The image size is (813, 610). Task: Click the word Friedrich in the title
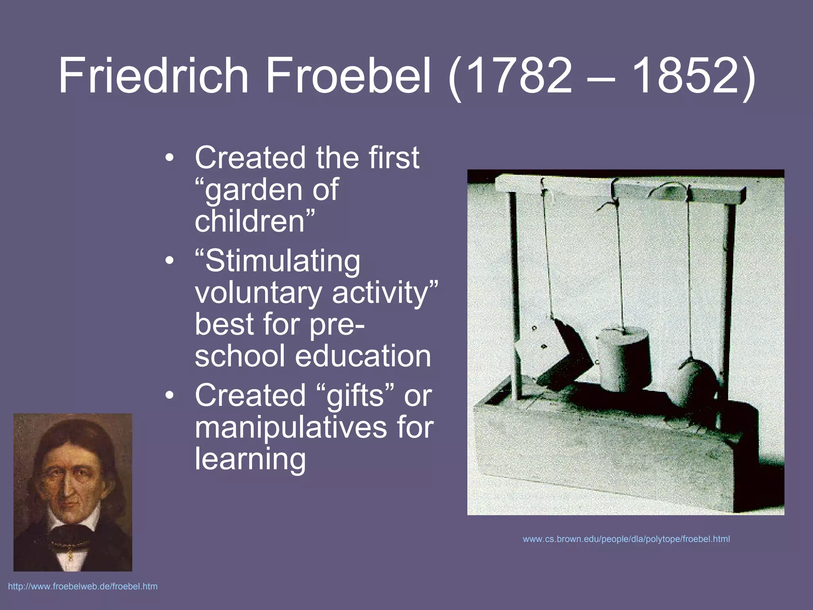click(153, 75)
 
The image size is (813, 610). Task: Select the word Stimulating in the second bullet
click(282, 261)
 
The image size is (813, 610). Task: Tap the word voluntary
click(258, 293)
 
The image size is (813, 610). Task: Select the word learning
click(250, 459)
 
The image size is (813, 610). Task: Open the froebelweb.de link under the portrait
click(83, 587)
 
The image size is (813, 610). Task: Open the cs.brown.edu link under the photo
click(626, 539)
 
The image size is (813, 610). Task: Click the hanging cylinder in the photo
click(624, 357)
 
